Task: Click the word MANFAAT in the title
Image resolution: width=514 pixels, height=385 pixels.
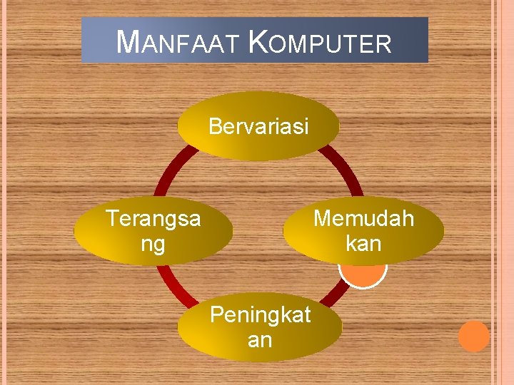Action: (179, 43)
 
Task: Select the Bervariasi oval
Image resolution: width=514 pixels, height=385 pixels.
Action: (258, 126)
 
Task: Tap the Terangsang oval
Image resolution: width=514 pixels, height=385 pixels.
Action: (153, 230)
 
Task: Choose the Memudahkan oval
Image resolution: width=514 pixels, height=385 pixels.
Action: (363, 230)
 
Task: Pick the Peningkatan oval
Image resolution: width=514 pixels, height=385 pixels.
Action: (259, 327)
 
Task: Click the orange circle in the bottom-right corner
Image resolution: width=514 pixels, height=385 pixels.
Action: (473, 337)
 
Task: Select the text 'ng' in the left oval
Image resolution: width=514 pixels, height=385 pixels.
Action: (153, 244)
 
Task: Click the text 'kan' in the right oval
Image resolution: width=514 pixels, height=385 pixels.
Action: (363, 244)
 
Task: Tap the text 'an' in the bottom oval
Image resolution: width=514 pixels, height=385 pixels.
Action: (259, 340)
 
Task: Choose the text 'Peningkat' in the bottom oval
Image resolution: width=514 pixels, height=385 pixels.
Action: (259, 314)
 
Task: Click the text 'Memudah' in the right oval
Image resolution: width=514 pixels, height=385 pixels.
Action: (363, 218)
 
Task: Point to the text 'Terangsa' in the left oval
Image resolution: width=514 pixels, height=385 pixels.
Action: (153, 218)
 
